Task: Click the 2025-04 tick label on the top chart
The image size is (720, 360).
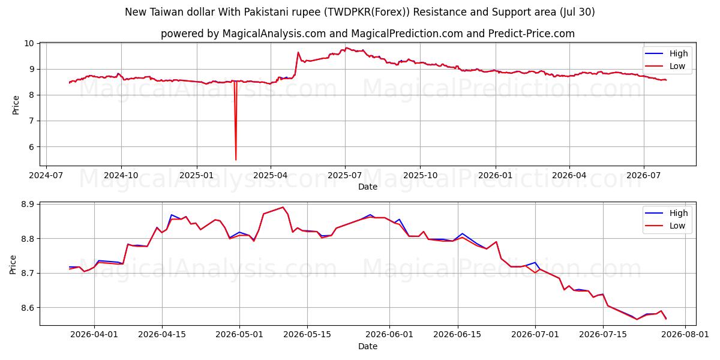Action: [x=271, y=175]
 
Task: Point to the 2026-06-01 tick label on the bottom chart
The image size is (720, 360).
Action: [x=389, y=334]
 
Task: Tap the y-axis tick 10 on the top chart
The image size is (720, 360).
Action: [x=29, y=43]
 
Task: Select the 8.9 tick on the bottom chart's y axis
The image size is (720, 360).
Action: [x=28, y=204]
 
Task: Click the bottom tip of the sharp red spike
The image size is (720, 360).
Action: [x=236, y=160]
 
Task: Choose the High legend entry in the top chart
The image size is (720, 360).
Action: [x=667, y=53]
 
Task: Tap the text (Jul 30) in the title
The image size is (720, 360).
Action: [x=577, y=12]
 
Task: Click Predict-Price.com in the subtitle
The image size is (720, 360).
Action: [x=532, y=34]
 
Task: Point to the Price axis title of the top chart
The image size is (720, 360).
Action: [x=16, y=105]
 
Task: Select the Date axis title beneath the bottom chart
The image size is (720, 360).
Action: [x=368, y=346]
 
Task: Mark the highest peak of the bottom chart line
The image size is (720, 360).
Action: [x=283, y=207]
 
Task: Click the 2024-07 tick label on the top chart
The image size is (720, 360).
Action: [x=46, y=175]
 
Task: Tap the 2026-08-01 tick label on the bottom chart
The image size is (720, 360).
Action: [x=685, y=334]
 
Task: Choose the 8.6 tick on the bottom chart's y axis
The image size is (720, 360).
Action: [x=28, y=308]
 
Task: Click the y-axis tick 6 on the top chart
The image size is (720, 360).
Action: [x=32, y=147]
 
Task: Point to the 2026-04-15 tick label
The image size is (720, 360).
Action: [x=162, y=334]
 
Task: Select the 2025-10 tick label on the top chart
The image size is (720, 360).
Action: [x=420, y=175]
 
